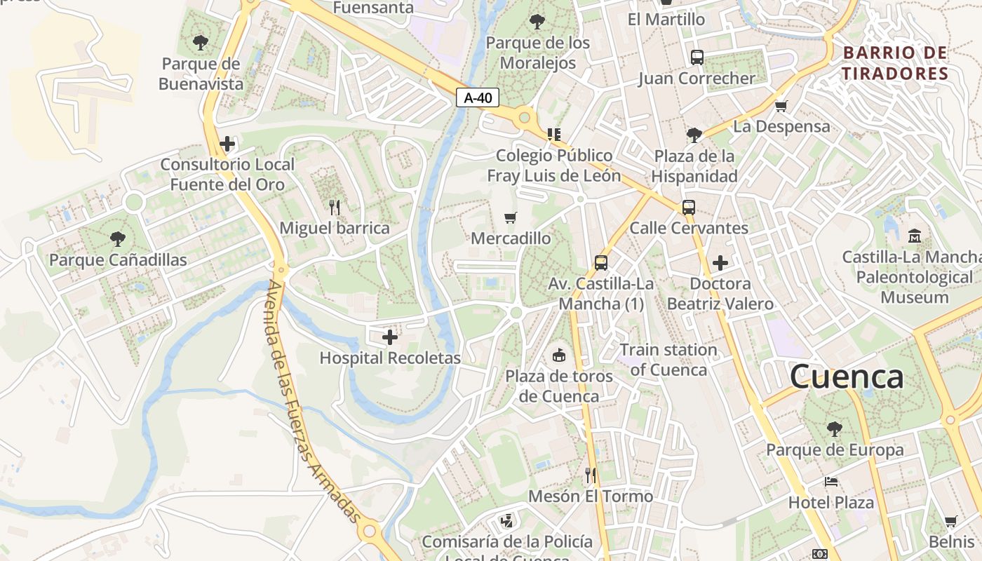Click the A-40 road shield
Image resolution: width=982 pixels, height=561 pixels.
478,97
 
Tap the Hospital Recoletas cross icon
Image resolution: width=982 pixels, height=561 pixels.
390,337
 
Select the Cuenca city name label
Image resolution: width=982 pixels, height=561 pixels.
847,377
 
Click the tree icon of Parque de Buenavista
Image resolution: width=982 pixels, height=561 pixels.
201,42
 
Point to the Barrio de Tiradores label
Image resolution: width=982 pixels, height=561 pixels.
895,63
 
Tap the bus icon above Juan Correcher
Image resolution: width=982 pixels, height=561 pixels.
697,58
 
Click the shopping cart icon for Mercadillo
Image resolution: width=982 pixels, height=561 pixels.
511,218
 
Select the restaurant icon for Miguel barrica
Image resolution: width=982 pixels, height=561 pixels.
335,207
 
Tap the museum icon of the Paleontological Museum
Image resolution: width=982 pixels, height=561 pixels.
915,236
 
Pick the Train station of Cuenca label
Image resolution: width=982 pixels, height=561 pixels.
668,359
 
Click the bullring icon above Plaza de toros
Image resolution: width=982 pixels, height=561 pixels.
559,356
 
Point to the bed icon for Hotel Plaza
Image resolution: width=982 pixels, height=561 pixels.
831,482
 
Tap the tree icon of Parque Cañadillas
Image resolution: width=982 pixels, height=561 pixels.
118,239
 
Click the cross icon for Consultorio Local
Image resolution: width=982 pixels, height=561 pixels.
227,144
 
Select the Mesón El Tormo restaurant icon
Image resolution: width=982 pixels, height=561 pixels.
591,475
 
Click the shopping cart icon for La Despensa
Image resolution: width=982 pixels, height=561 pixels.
781,106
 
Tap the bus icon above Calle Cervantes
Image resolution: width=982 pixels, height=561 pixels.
689,207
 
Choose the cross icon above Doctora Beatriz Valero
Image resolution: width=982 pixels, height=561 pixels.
720,263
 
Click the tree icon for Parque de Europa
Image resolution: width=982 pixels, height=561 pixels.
834,428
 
